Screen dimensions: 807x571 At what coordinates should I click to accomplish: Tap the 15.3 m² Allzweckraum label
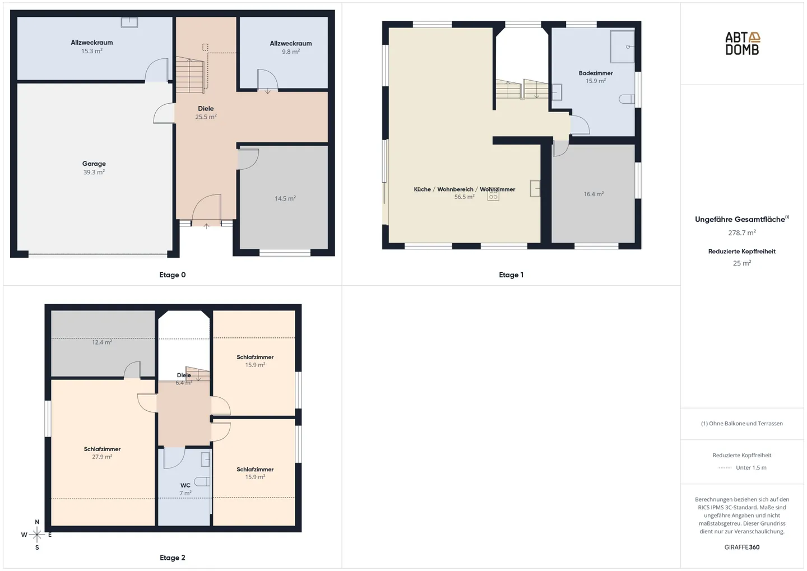tap(92, 47)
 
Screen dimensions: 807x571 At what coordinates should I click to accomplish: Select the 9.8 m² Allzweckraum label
tap(291, 47)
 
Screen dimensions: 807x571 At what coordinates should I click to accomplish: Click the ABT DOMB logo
tap(742, 43)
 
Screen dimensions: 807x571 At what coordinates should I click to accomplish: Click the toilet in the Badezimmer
tap(627, 99)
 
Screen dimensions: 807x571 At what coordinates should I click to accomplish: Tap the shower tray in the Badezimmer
tap(622, 47)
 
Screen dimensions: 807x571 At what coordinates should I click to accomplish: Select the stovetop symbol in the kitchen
tap(493, 195)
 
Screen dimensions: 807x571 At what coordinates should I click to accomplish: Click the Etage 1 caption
tap(511, 275)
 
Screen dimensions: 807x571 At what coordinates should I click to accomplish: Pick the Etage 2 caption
tap(172, 558)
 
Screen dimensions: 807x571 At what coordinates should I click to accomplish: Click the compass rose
tap(37, 535)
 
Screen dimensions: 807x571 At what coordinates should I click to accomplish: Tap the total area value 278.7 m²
tap(742, 233)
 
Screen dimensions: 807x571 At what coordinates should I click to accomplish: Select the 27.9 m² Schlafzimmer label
tap(102, 453)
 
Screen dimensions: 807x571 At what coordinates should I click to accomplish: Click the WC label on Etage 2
tap(185, 485)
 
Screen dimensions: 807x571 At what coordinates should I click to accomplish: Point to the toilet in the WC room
tap(202, 481)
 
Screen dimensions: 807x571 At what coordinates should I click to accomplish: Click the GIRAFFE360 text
tap(742, 547)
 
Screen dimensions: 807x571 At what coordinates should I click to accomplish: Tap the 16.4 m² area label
tap(593, 194)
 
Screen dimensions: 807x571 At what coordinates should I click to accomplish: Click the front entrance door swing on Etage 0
tap(206, 210)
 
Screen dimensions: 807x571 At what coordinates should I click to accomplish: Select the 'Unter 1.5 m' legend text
tap(751, 467)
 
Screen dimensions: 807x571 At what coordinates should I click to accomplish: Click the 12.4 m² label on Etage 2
tap(102, 342)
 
